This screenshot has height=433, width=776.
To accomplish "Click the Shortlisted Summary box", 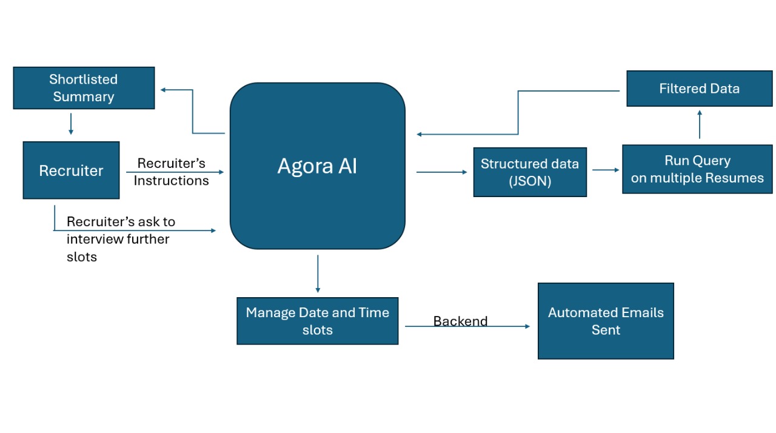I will click(x=84, y=88).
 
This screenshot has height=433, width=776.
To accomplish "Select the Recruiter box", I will click(x=71, y=170).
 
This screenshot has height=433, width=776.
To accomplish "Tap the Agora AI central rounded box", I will click(x=317, y=166).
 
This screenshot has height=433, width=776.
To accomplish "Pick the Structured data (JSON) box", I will click(x=530, y=172).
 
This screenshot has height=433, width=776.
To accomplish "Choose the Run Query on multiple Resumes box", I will click(x=697, y=169).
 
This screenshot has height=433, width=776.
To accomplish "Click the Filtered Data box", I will click(x=699, y=89).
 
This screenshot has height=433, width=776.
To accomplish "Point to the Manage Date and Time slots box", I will click(x=317, y=321).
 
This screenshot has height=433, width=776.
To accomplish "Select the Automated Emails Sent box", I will click(x=606, y=321).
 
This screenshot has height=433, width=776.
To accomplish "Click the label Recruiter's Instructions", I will click(x=172, y=172).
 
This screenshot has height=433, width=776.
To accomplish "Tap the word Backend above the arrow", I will click(x=460, y=321).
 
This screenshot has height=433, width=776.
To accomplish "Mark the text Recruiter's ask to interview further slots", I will click(x=120, y=239).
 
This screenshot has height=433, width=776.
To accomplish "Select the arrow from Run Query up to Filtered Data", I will click(x=700, y=125).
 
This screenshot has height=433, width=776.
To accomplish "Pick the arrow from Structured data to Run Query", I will click(x=605, y=170).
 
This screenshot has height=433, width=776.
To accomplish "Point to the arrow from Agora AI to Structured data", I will click(x=441, y=172).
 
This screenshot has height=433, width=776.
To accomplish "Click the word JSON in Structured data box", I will click(x=530, y=181).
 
